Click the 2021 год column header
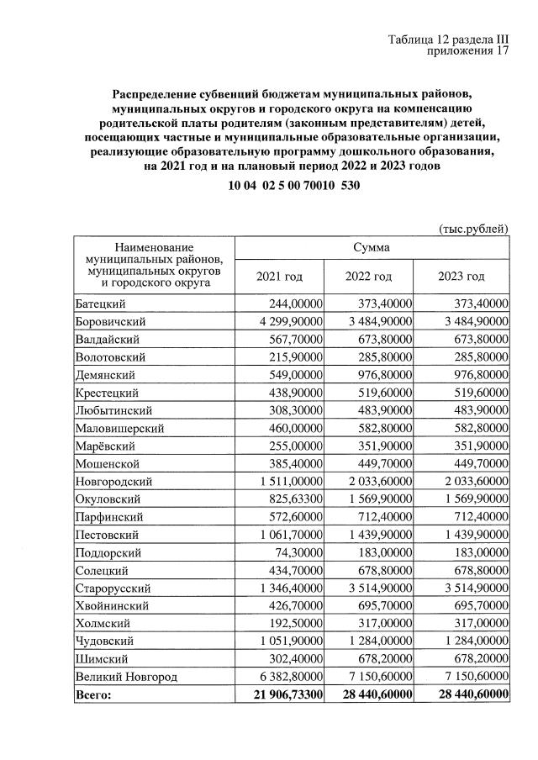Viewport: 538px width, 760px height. pyautogui.click(x=279, y=277)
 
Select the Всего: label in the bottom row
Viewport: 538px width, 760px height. pyautogui.click(x=93, y=694)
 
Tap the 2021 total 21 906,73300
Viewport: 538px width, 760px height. pyautogui.click(x=283, y=694)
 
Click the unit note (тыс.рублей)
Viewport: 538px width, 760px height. pyautogui.click(x=473, y=228)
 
